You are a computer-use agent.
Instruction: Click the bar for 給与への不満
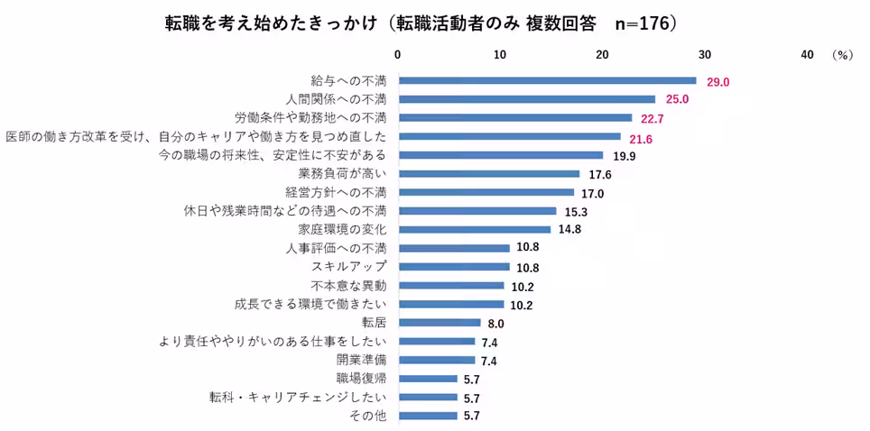click(x=547, y=80)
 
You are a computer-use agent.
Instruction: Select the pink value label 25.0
click(x=677, y=99)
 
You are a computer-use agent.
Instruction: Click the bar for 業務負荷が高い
click(x=488, y=174)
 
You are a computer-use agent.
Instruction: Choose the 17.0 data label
click(x=592, y=194)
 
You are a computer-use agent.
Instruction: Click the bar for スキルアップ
click(x=454, y=267)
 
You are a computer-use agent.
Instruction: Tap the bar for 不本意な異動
click(x=451, y=286)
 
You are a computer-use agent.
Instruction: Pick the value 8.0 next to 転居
click(x=495, y=324)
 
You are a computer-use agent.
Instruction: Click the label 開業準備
click(x=361, y=360)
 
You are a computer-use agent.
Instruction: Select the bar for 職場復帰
click(x=428, y=379)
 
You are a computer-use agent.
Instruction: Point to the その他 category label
click(x=367, y=416)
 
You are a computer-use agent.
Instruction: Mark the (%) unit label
click(x=842, y=54)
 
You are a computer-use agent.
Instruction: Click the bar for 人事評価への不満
click(x=454, y=248)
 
